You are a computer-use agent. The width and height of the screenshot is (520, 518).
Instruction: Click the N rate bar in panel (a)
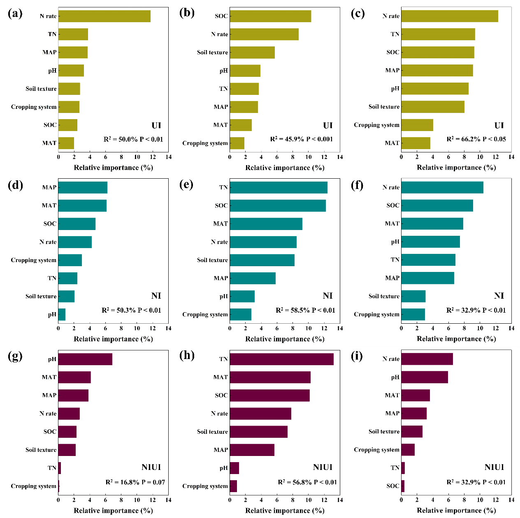[104, 16]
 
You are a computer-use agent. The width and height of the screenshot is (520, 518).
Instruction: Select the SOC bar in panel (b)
[270, 16]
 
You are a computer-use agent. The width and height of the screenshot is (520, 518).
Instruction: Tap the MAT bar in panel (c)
[416, 143]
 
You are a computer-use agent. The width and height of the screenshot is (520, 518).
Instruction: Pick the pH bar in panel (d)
[62, 315]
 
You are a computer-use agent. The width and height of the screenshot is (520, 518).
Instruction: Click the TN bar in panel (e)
[279, 187]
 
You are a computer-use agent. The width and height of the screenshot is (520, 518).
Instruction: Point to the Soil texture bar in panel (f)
[413, 296]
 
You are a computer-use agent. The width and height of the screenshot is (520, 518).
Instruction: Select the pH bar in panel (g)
[85, 359]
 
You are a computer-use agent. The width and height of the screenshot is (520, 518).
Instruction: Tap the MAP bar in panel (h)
[252, 450]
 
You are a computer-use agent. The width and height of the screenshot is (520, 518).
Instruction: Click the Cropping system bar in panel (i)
[408, 450]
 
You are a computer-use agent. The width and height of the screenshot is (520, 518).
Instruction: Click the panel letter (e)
[187, 185]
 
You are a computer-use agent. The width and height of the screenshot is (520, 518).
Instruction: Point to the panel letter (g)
[15, 356]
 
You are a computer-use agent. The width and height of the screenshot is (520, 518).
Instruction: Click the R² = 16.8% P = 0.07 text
[135, 482]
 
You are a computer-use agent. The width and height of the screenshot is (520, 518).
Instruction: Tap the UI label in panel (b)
[327, 125]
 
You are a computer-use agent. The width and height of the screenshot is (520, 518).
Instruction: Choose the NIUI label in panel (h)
[323, 467]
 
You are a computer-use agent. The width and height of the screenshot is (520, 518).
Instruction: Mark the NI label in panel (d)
[156, 296]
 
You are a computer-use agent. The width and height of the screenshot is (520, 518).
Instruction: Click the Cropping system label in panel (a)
[34, 107]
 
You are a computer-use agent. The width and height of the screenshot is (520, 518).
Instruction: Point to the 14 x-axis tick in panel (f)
[511, 328]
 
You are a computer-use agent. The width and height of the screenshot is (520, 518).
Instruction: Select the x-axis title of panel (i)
[456, 510]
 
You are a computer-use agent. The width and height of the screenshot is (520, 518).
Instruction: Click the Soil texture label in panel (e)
[212, 260]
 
